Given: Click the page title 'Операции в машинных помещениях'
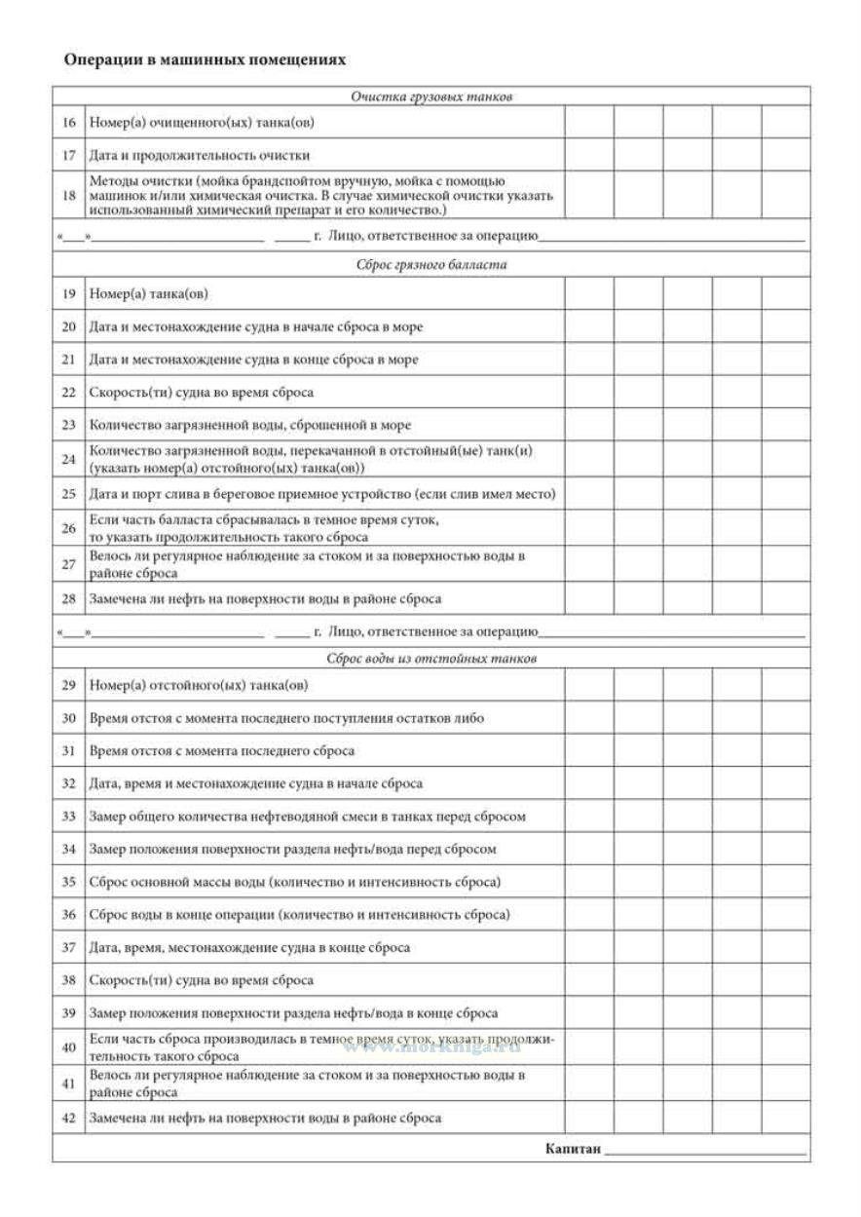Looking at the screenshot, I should click(x=205, y=60).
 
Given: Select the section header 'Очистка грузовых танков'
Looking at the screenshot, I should click(x=431, y=96).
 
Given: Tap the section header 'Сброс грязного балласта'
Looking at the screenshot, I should click(x=431, y=264).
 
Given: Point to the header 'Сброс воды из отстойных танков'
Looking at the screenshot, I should click(x=431, y=658).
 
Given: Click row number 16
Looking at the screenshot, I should click(x=68, y=123).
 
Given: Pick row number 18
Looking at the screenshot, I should click(x=68, y=195).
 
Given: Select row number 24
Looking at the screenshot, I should click(x=68, y=458).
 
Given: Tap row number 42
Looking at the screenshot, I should click(x=68, y=1118).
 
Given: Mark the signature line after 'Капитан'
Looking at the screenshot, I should click(x=705, y=1153).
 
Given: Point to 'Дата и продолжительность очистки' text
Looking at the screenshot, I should click(x=200, y=155).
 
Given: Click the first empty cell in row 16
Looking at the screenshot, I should click(x=589, y=123).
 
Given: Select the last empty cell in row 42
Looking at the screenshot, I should click(x=785, y=1118).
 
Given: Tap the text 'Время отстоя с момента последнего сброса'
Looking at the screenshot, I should click(x=222, y=750).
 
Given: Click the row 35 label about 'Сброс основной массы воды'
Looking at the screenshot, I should click(x=294, y=882).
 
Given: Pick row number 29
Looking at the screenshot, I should click(x=68, y=685).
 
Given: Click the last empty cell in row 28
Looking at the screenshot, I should click(x=785, y=598).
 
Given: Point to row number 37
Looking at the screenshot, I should click(x=68, y=947).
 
